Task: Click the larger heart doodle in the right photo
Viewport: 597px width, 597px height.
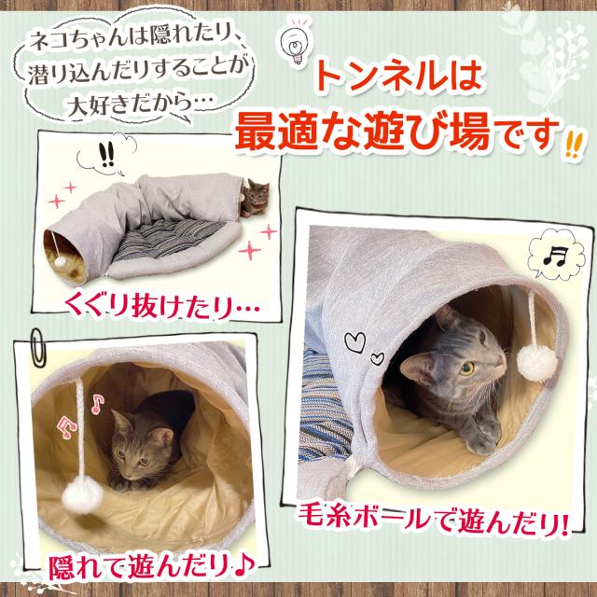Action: point(356,343)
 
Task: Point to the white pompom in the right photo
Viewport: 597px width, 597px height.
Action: point(534,359)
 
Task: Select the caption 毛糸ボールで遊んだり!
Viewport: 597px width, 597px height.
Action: point(434,517)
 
